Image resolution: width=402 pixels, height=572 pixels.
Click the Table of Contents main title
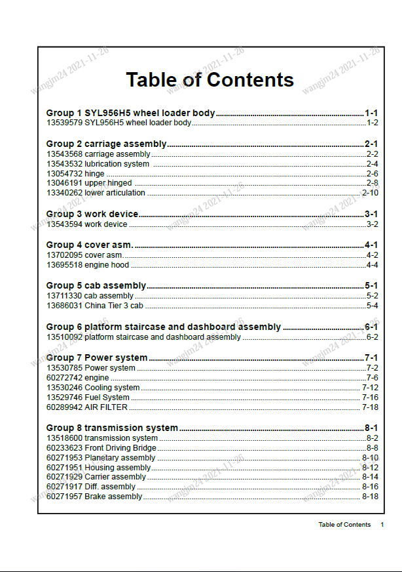click(x=210, y=80)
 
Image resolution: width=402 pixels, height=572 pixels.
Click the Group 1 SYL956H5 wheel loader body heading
click(x=130, y=113)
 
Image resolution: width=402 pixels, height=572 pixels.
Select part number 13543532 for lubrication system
click(x=64, y=164)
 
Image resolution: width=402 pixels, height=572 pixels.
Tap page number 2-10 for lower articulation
click(x=370, y=193)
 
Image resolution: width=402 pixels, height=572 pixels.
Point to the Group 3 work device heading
click(x=92, y=214)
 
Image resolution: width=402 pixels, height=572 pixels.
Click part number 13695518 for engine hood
click(x=64, y=265)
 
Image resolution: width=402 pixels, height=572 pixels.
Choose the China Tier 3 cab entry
click(x=114, y=306)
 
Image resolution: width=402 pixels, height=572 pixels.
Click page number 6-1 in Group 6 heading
click(x=371, y=327)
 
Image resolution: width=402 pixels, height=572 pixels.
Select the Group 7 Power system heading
click(x=97, y=357)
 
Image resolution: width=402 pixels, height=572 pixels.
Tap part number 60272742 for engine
click(x=64, y=378)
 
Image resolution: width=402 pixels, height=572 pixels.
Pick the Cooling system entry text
click(x=112, y=388)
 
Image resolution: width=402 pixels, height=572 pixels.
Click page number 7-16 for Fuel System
click(x=370, y=398)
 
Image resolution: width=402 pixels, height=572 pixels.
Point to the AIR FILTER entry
click(x=106, y=407)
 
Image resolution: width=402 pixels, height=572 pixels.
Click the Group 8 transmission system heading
click(x=112, y=428)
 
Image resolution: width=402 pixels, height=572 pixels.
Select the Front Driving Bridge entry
click(x=120, y=448)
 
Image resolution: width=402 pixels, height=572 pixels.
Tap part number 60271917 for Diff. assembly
click(x=64, y=487)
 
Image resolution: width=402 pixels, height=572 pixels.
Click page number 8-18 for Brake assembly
click(x=370, y=497)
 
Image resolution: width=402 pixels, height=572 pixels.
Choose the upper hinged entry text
click(x=108, y=183)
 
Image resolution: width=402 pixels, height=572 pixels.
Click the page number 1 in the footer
click(x=382, y=525)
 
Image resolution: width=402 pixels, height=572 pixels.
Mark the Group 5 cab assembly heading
click(x=96, y=285)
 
